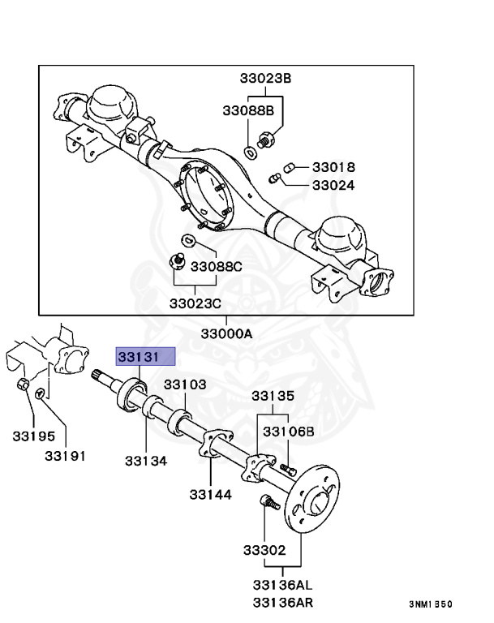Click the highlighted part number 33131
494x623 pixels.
(145, 356)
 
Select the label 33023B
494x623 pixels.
(264, 79)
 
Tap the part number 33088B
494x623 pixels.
(248, 110)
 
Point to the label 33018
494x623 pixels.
(333, 167)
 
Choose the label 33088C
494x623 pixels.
(217, 265)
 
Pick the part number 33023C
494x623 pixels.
(195, 303)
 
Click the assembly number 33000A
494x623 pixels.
(227, 333)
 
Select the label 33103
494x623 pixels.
(187, 385)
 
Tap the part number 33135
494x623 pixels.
(273, 396)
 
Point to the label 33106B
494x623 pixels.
(288, 431)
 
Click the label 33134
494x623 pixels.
(146, 461)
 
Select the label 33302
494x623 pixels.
(264, 550)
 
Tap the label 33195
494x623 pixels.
(33, 437)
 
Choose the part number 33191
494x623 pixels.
(65, 456)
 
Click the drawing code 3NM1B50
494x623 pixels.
(431, 604)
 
